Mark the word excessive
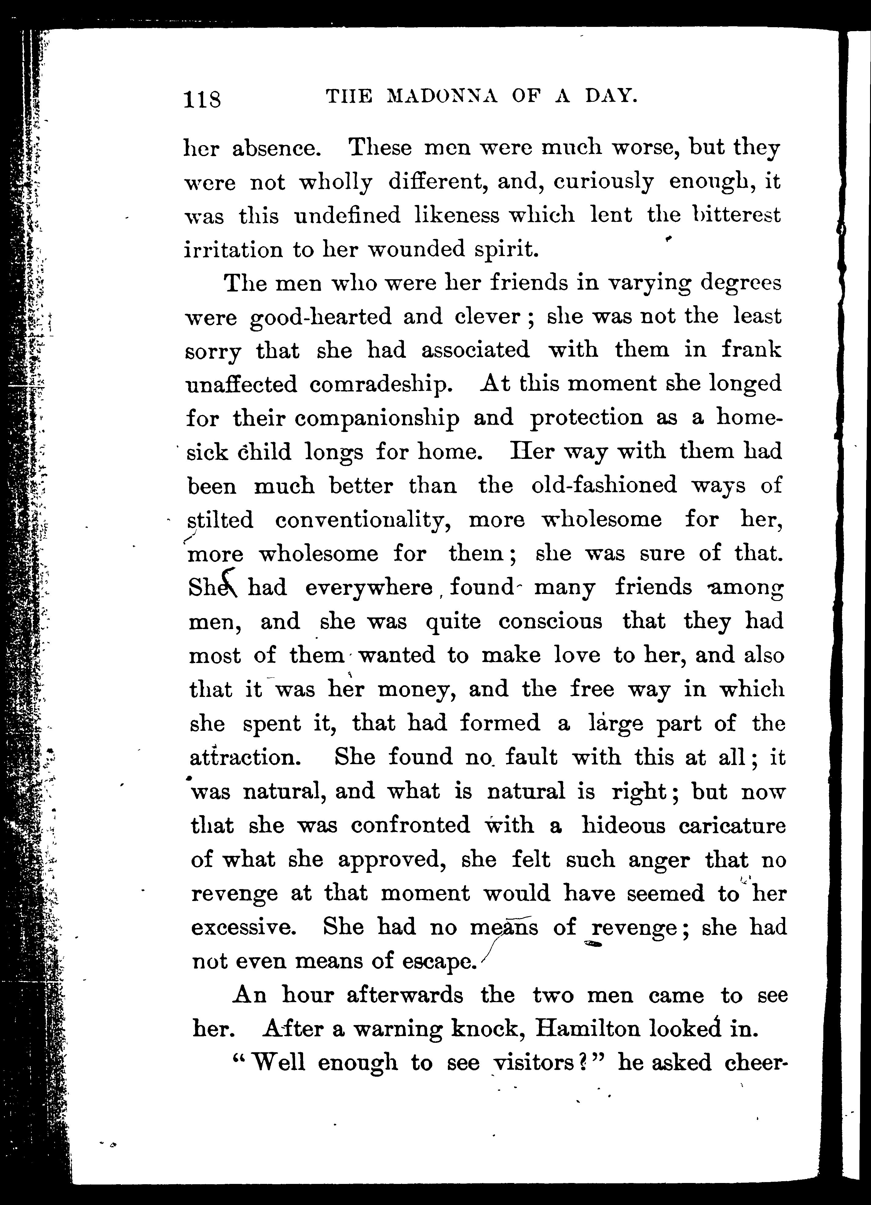click(242, 927)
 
